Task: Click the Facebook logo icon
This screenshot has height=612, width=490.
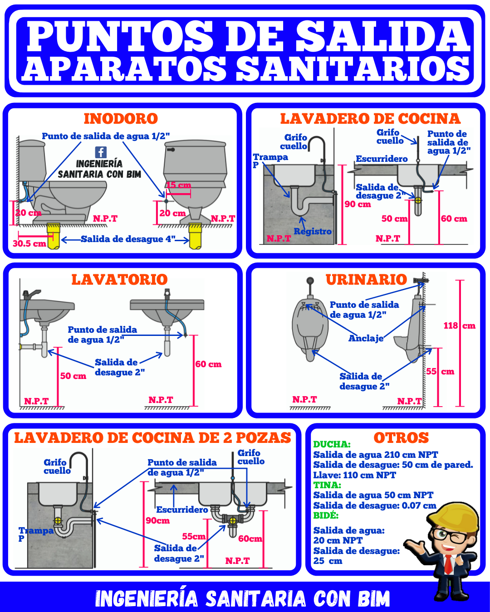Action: tap(101, 152)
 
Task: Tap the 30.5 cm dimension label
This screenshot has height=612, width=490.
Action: tap(29, 244)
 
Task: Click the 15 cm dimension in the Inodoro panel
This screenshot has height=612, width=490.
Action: tap(178, 185)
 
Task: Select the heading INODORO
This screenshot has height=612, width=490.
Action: tap(121, 119)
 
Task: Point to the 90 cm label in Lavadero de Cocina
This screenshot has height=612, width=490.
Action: tap(358, 204)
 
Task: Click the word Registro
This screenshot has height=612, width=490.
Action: tap(313, 232)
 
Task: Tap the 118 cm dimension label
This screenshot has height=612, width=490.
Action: tap(459, 325)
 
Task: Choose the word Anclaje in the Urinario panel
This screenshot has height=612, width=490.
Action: tap(366, 338)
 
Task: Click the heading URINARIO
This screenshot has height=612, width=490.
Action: tap(367, 280)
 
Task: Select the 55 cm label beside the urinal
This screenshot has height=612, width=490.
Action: tap(440, 371)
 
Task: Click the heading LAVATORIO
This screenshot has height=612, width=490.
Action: tap(120, 280)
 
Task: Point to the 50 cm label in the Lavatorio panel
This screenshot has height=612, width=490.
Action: tap(73, 376)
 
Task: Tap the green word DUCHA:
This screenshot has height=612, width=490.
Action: tap(332, 444)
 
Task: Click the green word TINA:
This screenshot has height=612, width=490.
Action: tap(327, 485)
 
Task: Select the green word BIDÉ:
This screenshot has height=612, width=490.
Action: tap(326, 515)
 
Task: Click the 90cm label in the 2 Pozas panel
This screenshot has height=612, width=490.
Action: tap(158, 520)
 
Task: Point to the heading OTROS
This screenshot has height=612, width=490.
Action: tap(401, 438)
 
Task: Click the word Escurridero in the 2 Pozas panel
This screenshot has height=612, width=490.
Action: tap(182, 510)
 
